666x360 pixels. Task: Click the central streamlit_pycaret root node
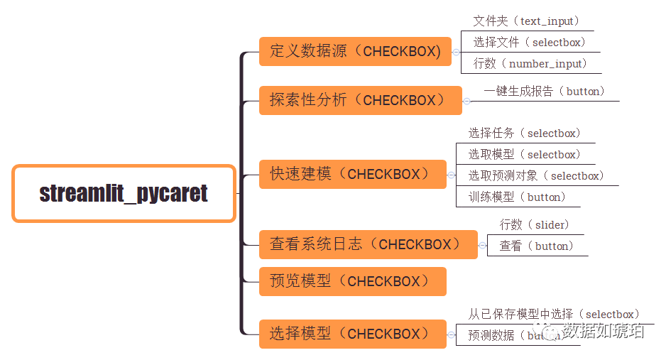point(124,193)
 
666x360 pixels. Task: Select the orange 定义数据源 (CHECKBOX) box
point(355,51)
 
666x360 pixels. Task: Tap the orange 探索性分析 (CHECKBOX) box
point(361,100)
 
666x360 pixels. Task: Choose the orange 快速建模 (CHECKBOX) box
point(352,174)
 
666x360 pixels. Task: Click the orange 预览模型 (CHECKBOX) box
point(352,281)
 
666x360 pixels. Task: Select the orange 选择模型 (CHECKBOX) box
point(352,334)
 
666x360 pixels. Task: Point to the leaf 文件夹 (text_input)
point(526,21)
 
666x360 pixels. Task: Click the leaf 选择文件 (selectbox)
point(530,43)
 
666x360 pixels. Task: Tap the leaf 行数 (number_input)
point(530,64)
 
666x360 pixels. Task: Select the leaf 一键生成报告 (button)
point(544,92)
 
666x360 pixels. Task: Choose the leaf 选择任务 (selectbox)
point(524,133)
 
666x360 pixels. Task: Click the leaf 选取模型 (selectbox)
point(524,155)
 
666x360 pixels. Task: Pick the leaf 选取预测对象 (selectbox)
point(536,176)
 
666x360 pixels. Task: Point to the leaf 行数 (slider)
point(535,225)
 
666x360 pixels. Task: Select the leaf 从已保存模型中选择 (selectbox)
point(554,314)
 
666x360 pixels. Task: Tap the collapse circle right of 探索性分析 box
point(467,101)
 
